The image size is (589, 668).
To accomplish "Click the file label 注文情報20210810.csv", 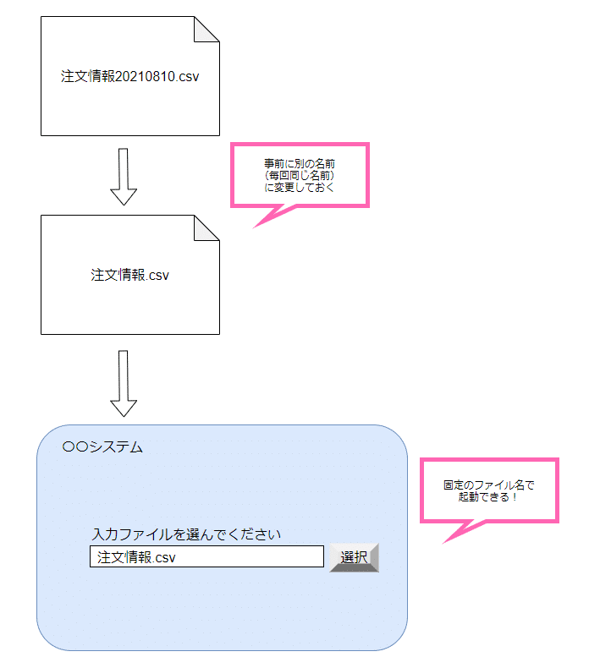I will pyautogui.click(x=130, y=76).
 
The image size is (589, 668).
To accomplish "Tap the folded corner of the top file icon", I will pyautogui.click(x=206, y=29).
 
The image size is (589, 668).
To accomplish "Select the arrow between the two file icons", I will pyautogui.click(x=124, y=177).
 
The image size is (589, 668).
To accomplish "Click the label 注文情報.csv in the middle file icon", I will pyautogui.click(x=130, y=275).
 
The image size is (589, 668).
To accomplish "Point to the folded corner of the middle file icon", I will pyautogui.click(x=206, y=228).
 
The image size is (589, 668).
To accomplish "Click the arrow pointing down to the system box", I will pyautogui.click(x=124, y=383).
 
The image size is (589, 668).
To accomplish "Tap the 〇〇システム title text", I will pyautogui.click(x=102, y=447).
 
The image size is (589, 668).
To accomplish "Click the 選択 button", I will pyautogui.click(x=354, y=557).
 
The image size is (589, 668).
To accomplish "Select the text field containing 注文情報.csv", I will pyautogui.click(x=206, y=557).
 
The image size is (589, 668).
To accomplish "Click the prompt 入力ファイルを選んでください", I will pyautogui.click(x=186, y=534).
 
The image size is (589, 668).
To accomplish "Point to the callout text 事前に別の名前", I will pyautogui.click(x=300, y=162).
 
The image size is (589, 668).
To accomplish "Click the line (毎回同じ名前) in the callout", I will pyautogui.click(x=300, y=174).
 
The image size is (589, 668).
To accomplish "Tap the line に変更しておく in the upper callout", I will pyautogui.click(x=300, y=187).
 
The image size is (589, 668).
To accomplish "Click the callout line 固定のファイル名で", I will pyautogui.click(x=489, y=486).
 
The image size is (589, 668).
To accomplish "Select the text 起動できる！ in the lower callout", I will pyautogui.click(x=489, y=498).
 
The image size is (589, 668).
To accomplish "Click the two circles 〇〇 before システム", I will pyautogui.click(x=75, y=447).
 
